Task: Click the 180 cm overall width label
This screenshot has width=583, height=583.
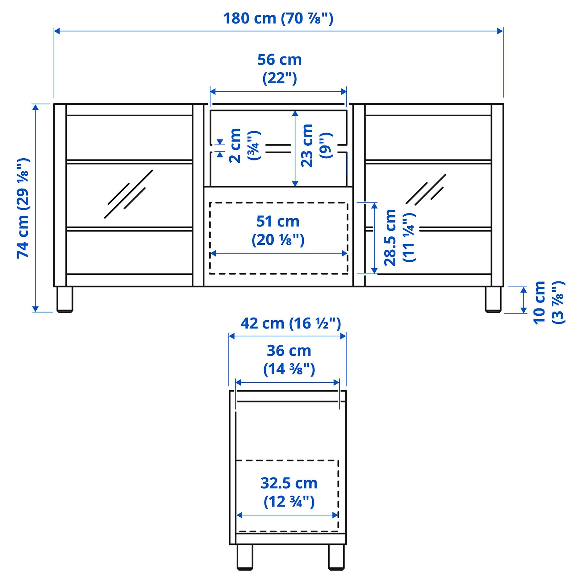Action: [278, 18]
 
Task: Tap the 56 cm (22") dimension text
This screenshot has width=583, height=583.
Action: [279, 69]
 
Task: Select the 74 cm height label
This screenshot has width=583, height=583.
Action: [23, 208]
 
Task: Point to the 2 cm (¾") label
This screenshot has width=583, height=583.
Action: [244, 145]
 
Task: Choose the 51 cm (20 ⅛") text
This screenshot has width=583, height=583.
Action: [278, 230]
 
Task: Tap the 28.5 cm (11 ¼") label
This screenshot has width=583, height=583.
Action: [399, 238]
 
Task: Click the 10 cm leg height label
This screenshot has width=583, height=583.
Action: [549, 302]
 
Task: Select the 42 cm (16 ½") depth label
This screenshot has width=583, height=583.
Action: [291, 323]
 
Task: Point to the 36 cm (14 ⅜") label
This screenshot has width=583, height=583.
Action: [289, 360]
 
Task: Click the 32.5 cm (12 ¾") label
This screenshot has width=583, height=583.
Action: [289, 492]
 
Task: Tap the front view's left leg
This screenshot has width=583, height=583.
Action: [65, 299]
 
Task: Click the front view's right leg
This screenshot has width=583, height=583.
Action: [493, 299]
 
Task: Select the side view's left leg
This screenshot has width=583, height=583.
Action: [244, 557]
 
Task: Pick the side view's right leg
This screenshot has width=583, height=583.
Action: [336, 557]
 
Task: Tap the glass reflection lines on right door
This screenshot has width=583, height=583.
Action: [426, 190]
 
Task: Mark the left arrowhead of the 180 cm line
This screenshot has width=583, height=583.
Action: [56, 31]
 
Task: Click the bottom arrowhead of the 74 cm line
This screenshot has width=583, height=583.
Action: [35, 309]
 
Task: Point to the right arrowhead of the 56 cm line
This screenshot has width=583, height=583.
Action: [344, 92]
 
